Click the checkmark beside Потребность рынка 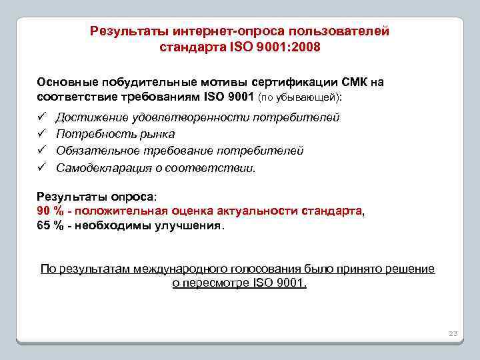click(42, 134)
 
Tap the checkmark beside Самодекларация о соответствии click(42, 167)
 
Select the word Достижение click(87, 117)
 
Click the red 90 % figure click(49, 211)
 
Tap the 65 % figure click(49, 225)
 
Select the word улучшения click(191, 225)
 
